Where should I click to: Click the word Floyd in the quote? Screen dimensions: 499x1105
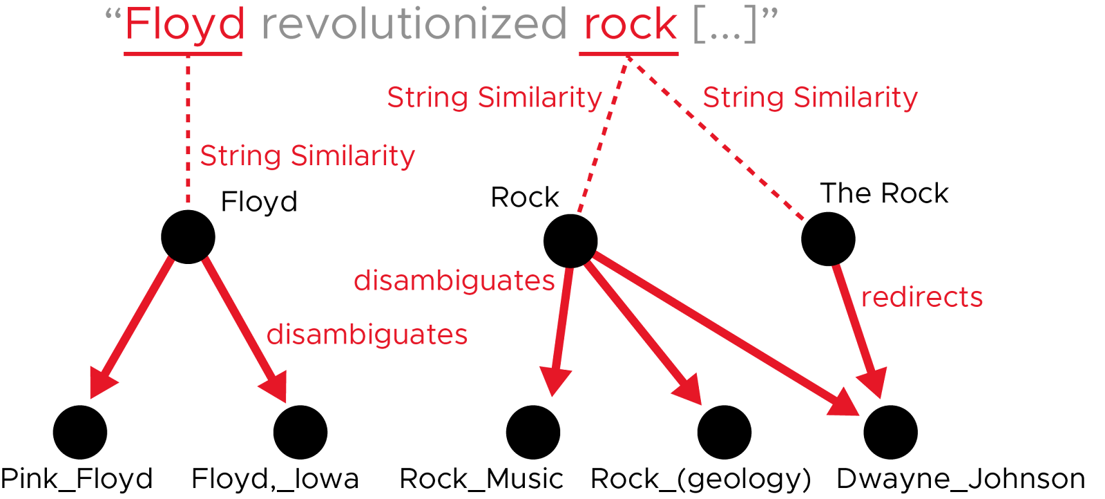(x=184, y=25)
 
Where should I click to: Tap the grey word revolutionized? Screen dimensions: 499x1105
(x=414, y=25)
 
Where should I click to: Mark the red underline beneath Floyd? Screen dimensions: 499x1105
(x=183, y=53)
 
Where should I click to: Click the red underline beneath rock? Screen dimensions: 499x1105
(x=628, y=53)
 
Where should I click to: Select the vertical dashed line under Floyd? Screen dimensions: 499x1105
(x=188, y=131)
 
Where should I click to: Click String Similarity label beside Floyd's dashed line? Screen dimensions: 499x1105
(x=307, y=156)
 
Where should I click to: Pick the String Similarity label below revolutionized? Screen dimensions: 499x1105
(x=494, y=97)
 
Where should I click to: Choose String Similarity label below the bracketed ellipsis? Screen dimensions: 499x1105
(x=810, y=97)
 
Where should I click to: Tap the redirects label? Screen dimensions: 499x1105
(x=922, y=297)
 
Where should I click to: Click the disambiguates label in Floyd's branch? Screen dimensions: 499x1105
(x=367, y=335)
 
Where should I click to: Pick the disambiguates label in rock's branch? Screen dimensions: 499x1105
(x=454, y=281)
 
